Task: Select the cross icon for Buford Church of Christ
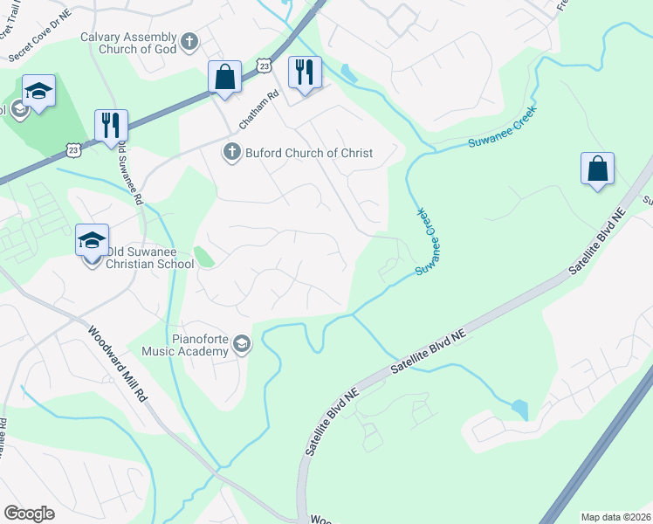point(232,153)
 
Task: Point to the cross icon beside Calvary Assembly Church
point(189,42)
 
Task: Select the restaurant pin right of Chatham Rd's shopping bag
point(305,72)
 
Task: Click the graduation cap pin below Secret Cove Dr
point(38,93)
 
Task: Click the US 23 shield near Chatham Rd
point(265,65)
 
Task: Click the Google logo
point(29,513)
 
